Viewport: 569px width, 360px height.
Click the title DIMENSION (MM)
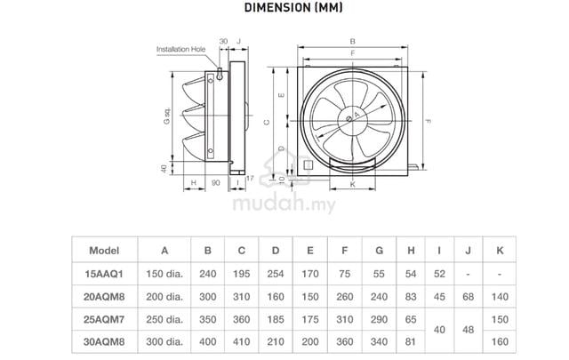click(x=293, y=7)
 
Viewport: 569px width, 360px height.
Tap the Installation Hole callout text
click(x=180, y=49)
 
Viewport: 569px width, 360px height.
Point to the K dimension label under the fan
click(x=352, y=184)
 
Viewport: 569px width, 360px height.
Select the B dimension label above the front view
click(x=352, y=42)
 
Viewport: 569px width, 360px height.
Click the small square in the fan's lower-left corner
click(x=309, y=165)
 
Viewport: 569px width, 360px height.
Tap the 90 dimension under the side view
click(x=215, y=183)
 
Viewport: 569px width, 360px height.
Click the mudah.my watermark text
click(x=284, y=203)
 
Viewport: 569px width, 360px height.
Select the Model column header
click(x=104, y=251)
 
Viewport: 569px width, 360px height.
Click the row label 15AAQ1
click(x=104, y=274)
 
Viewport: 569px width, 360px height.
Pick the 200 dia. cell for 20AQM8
click(x=164, y=297)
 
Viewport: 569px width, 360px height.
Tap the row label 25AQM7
click(x=104, y=320)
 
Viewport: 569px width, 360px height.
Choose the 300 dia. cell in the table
click(x=164, y=341)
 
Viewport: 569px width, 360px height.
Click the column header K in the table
click(x=500, y=251)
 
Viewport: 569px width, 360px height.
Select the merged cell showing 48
click(x=469, y=330)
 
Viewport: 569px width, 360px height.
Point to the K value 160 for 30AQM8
click(x=500, y=341)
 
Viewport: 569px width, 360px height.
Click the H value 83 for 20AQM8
click(x=411, y=297)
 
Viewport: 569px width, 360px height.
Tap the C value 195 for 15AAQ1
click(x=241, y=274)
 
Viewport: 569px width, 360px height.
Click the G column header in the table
click(x=380, y=251)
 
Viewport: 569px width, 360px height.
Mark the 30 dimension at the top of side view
click(x=223, y=42)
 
